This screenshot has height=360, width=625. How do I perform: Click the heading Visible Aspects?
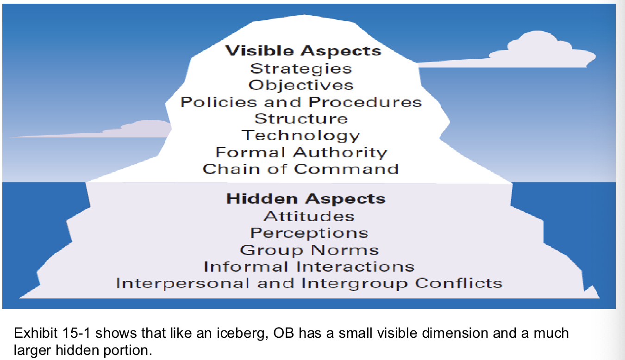pos(303,50)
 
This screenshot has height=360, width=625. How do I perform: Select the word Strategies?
pos(301,68)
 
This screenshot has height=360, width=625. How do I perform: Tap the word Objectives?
pos(301,85)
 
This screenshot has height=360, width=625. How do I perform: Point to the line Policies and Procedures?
pos(301,102)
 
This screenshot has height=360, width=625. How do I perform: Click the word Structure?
pos(301,118)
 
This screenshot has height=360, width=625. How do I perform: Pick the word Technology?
pos(301,136)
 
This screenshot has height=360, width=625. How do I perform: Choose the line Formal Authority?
pos(301,152)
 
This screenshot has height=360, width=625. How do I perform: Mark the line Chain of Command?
pos(301,168)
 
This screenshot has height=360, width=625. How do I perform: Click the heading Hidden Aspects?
pos(306,199)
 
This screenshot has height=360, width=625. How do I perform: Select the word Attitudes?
pos(309,216)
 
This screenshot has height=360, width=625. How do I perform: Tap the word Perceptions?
pos(309,233)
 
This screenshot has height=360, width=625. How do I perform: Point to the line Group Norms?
pos(309,250)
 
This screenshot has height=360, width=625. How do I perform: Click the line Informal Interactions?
pos(309,267)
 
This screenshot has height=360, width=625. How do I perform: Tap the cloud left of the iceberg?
pos(139,130)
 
